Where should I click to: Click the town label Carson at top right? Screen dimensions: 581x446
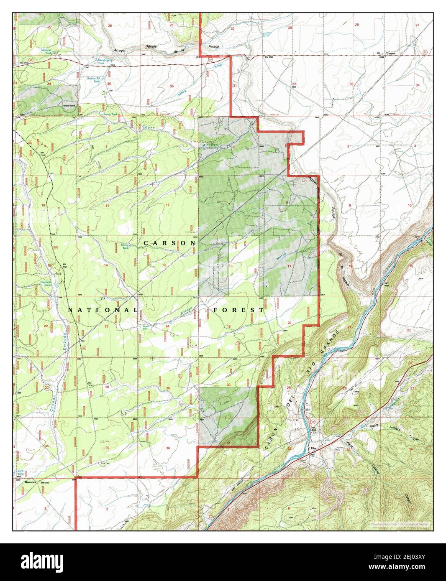point(390,54)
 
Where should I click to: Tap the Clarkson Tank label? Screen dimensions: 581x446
point(51,283)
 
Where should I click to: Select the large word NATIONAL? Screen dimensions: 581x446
point(102,310)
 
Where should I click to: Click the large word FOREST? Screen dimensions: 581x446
point(238,310)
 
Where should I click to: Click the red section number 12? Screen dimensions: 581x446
point(168,204)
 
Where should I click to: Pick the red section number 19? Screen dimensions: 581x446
point(229,326)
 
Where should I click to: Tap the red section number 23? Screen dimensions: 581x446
point(107,326)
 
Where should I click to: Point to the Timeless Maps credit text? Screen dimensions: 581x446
point(400,524)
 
